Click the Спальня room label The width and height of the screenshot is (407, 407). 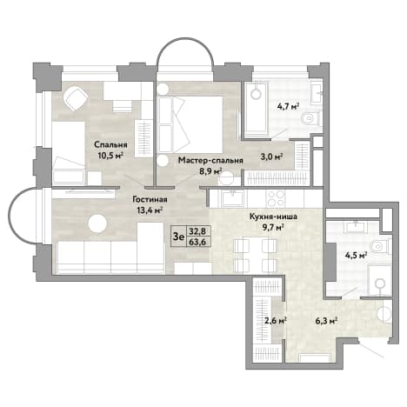coord(111,144)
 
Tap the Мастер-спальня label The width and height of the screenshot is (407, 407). coord(210,160)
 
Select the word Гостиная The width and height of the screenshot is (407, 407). coord(150,199)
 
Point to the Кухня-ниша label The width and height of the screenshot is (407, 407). coord(273,217)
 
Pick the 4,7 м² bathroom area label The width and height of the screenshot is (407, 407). coord(288,106)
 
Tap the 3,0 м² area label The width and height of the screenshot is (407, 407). coord(272,157)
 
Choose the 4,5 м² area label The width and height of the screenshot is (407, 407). coord(357,256)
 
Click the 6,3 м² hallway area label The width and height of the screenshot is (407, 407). coord(326,321)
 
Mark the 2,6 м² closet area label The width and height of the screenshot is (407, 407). coord(276,320)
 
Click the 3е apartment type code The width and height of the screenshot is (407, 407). coord(178,237)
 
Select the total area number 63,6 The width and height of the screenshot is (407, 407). coord(197,242)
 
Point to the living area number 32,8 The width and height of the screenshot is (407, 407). coord(197,231)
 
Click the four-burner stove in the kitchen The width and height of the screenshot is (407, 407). coord(276,198)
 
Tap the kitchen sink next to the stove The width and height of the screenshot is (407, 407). coord(232,198)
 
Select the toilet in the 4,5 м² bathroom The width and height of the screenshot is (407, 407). coord(380,246)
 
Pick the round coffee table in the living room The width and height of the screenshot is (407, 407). coord(97,224)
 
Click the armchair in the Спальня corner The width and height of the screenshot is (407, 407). coord(77,98)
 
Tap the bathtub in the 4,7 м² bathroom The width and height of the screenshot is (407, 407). coord(256,110)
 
